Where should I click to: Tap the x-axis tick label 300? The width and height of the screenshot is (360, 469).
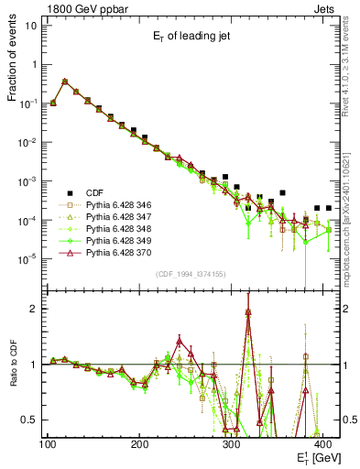233,444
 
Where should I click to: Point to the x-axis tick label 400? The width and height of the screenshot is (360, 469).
325,444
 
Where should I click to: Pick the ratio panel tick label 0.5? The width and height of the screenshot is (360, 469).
31,420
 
